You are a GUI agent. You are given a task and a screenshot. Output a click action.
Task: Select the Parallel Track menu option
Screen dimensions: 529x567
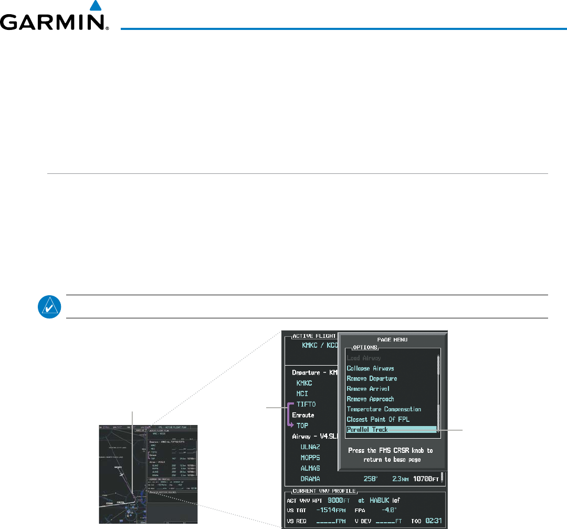click(367, 430)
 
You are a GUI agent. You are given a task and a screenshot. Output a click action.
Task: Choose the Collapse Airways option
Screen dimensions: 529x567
click(370, 368)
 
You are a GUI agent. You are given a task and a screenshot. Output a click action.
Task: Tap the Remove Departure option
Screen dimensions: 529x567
click(372, 379)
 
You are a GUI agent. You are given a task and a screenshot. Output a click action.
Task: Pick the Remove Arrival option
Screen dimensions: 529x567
click(368, 389)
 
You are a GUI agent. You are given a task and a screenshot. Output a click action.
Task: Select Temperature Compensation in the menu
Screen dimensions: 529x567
click(384, 409)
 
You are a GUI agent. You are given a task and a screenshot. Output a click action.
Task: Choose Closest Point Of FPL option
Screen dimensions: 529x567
click(378, 420)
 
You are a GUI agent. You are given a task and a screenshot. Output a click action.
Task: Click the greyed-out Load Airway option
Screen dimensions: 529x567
click(364, 358)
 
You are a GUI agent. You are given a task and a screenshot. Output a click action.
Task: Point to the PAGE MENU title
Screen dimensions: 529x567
click(392, 340)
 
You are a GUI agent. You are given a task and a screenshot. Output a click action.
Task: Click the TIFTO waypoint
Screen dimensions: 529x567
click(307, 404)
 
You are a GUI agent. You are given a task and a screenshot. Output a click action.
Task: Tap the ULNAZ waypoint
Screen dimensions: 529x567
click(311, 447)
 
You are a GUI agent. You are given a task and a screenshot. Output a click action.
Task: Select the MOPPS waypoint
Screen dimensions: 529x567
click(311, 458)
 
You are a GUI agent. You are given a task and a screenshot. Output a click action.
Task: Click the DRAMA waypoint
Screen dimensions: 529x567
click(311, 479)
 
